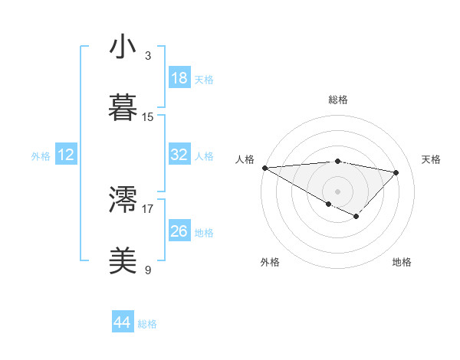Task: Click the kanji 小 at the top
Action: pyautogui.click(x=123, y=47)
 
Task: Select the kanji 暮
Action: pyautogui.click(x=123, y=107)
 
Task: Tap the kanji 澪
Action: pyautogui.click(x=123, y=200)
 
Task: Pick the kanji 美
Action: pyautogui.click(x=123, y=261)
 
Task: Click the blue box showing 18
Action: pyautogui.click(x=179, y=78)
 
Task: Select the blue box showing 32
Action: pyautogui.click(x=179, y=155)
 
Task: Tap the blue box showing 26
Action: pyautogui.click(x=179, y=231)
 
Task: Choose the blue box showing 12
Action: pyautogui.click(x=66, y=155)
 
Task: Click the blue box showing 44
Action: pyautogui.click(x=123, y=323)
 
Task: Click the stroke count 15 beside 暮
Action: pyautogui.click(x=148, y=117)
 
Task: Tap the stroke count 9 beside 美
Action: pyautogui.click(x=147, y=270)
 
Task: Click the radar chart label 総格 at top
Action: pyautogui.click(x=338, y=100)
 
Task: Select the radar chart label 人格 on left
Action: pyautogui.click(x=245, y=159)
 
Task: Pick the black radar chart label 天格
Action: pyautogui.click(x=432, y=159)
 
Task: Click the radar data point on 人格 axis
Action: pyautogui.click(x=264, y=168)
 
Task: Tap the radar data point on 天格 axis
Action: pyautogui.click(x=396, y=172)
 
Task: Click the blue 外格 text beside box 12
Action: pyautogui.click(x=41, y=155)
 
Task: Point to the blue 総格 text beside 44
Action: pyautogui.click(x=147, y=324)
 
